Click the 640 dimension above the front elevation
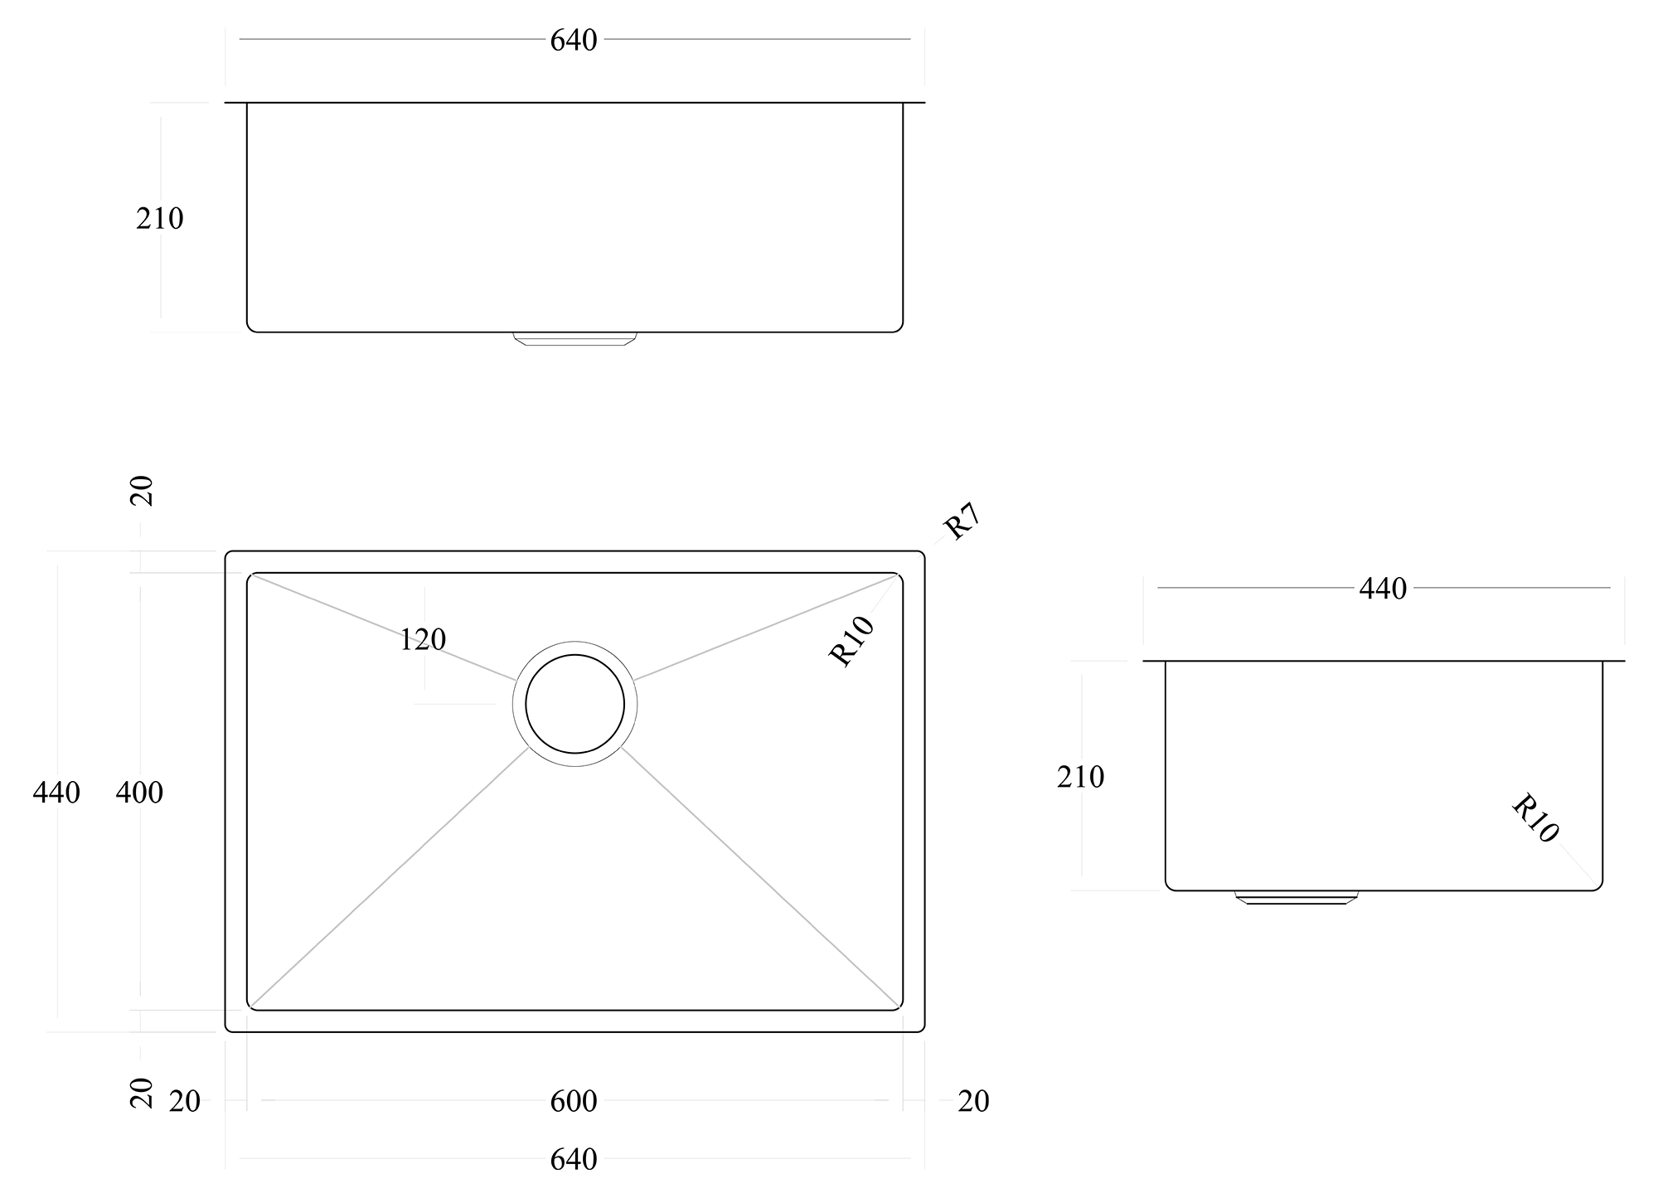click(574, 40)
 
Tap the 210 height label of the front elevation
click(159, 219)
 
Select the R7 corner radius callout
click(962, 522)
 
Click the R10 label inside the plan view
click(852, 641)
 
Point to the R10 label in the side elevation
click(1534, 818)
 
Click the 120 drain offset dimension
click(423, 639)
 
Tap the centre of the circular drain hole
click(574, 704)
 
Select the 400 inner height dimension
click(139, 793)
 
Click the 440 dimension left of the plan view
click(56, 793)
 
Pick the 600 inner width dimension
click(574, 1101)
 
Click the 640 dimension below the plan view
click(574, 1159)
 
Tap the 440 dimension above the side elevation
click(1383, 589)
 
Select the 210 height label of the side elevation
click(1080, 777)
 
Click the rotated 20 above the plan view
click(143, 491)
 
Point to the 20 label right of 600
click(973, 1101)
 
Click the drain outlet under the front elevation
click(574, 338)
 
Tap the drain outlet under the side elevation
click(1297, 897)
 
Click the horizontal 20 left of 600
click(184, 1101)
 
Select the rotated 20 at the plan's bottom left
click(143, 1093)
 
